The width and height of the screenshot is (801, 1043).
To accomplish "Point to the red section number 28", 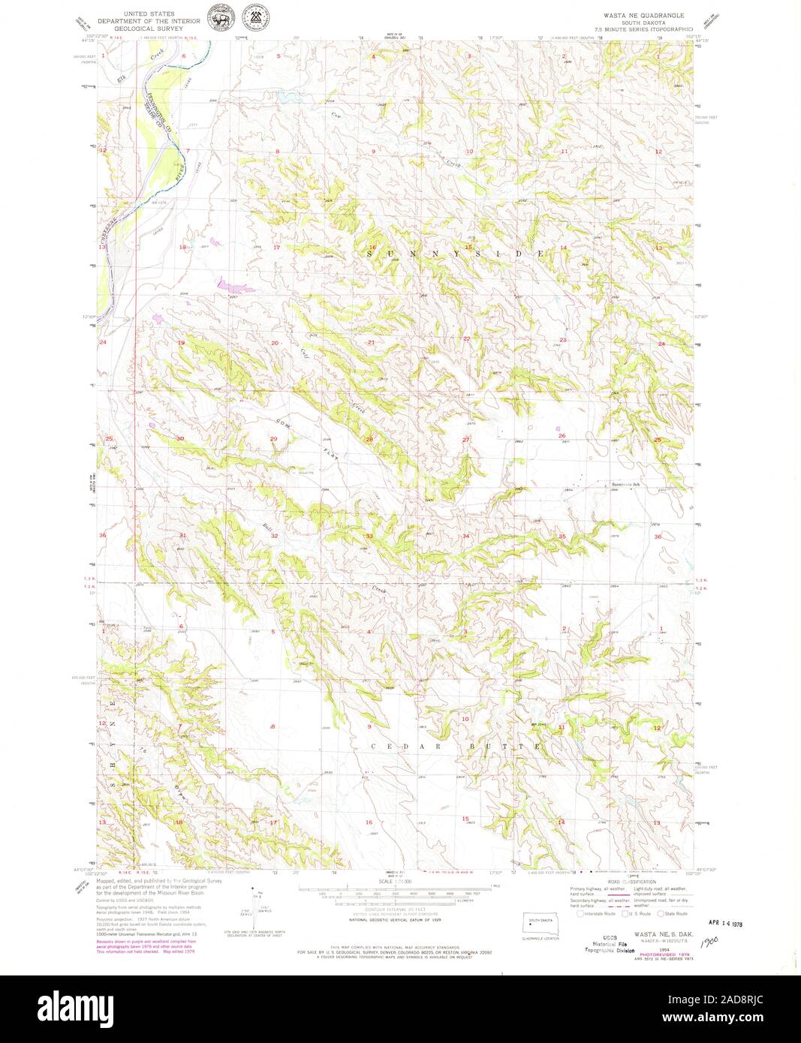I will click(x=369, y=439).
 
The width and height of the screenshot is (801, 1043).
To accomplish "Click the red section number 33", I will click(x=369, y=536).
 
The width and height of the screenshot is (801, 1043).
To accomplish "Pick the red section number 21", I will click(x=371, y=342).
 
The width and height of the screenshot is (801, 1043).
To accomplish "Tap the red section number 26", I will click(x=562, y=435).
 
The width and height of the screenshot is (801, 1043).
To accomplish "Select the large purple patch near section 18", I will click(x=230, y=284).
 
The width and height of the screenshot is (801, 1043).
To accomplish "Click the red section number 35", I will click(x=562, y=536).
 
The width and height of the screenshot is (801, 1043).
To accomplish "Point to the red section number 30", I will click(x=180, y=438).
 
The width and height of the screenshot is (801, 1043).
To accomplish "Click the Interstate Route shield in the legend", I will click(x=580, y=913).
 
